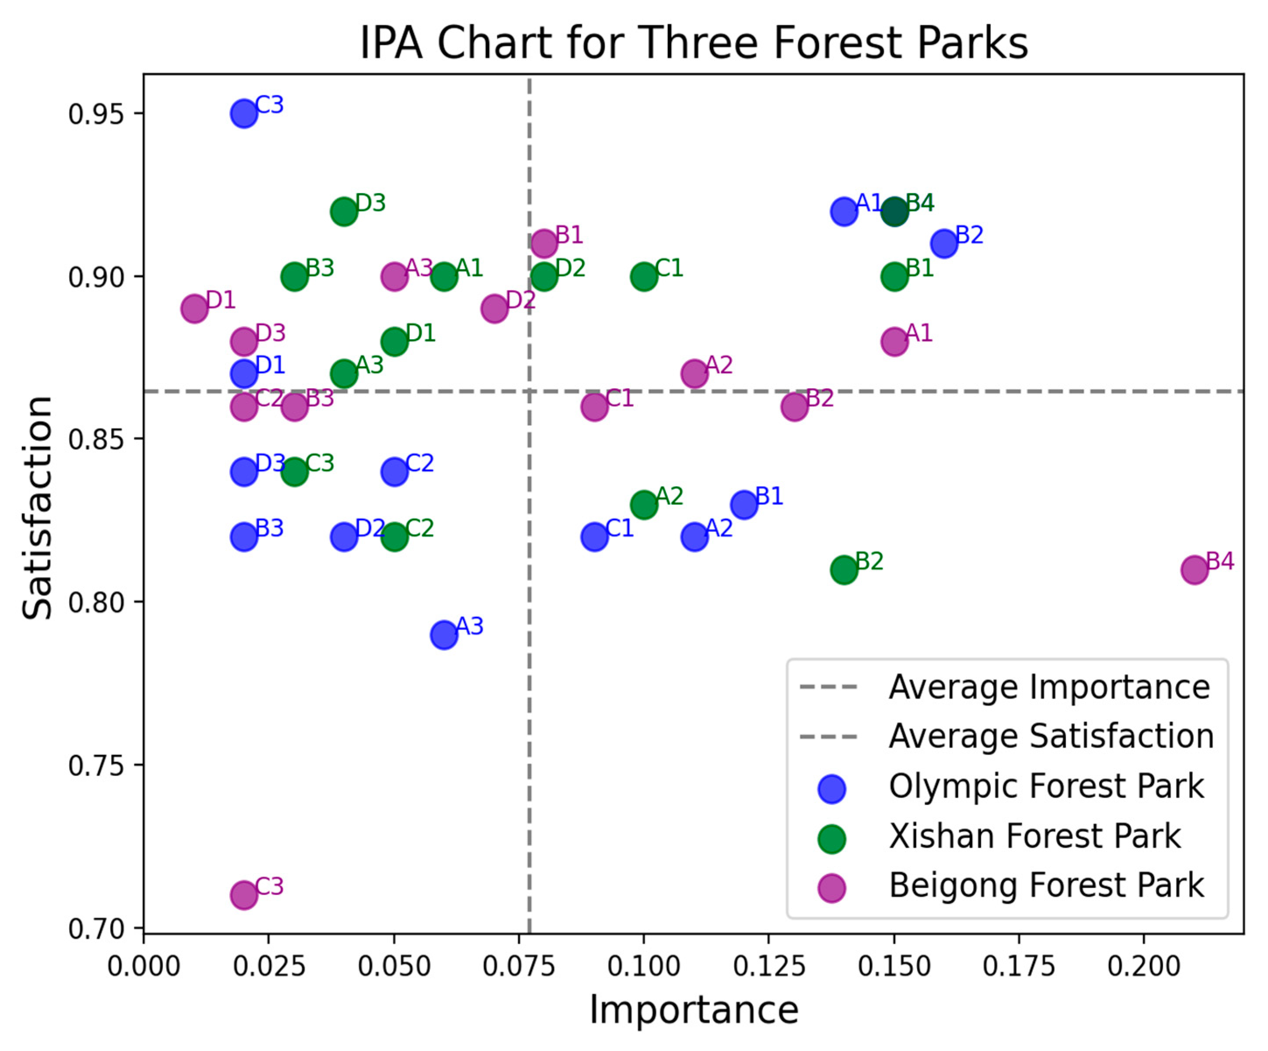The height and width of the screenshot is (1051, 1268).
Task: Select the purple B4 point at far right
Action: [x=1194, y=569]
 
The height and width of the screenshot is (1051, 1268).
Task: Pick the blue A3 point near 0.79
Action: [x=444, y=634]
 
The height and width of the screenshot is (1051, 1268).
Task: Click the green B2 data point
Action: [x=844, y=569]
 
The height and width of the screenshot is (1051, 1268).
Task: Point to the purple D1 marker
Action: [x=194, y=309]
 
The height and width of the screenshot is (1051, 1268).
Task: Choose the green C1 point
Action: [x=644, y=276]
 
